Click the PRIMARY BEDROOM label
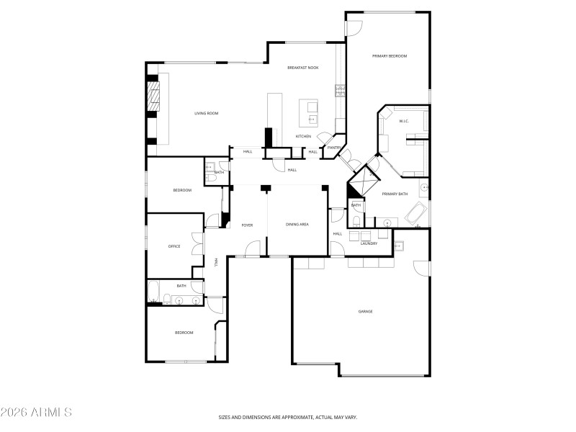pos(390,56)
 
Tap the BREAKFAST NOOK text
pos(302,68)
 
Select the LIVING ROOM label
pos(206,113)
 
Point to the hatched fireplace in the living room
pos(153,95)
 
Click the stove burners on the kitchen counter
pos(338,91)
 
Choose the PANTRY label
pos(333,148)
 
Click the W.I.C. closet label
pos(402,121)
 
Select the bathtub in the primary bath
pos(417,214)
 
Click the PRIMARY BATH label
pos(395,194)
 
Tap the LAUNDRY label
pos(369,243)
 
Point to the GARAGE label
pos(366,312)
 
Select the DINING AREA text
pos(297,225)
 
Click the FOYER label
pos(247,225)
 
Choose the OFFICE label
pos(174,246)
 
